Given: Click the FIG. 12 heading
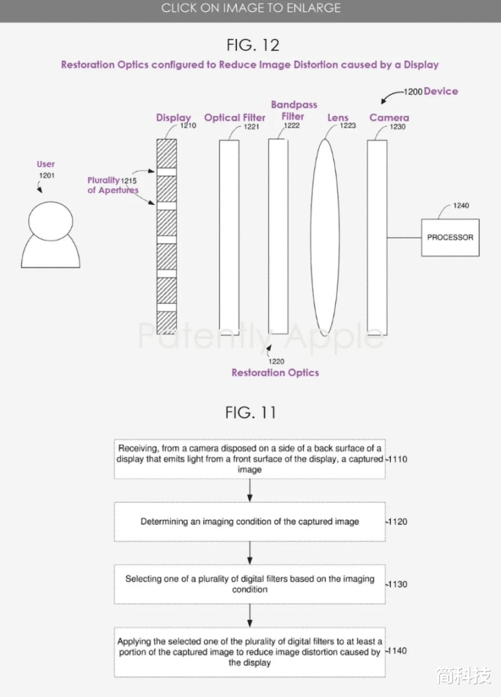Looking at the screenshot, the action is click(253, 45).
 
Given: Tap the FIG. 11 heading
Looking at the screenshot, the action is click(251, 413).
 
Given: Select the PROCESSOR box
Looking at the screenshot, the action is click(450, 238).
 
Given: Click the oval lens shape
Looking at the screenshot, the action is click(325, 236).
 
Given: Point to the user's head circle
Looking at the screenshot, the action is click(51, 221).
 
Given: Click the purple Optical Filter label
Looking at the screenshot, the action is click(235, 118).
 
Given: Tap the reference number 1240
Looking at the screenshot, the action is click(461, 206).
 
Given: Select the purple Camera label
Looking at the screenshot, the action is click(389, 117).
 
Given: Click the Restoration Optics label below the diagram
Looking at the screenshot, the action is click(275, 372).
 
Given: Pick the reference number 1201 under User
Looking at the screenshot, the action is click(47, 176).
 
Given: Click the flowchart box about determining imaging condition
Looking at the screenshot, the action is click(250, 521).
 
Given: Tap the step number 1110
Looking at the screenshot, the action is click(397, 459).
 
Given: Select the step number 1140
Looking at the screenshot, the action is click(397, 651).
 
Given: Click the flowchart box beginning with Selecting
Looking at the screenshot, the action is click(250, 584).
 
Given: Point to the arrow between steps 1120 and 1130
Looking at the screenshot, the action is click(250, 553).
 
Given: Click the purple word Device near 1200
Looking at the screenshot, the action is click(441, 91).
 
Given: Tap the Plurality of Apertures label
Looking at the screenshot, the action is click(112, 185).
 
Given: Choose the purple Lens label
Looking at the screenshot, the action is click(338, 118).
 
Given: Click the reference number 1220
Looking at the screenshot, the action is click(276, 361).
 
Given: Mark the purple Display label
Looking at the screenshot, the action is click(174, 118).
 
